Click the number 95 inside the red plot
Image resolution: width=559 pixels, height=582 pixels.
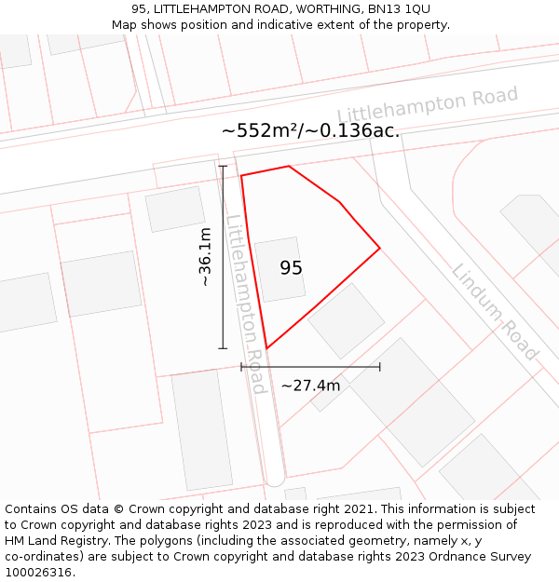(292, 268)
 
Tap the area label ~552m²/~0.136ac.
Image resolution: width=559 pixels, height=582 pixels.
(310, 130)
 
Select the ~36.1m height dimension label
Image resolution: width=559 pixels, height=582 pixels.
(205, 264)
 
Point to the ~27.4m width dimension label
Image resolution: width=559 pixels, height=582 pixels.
(310, 386)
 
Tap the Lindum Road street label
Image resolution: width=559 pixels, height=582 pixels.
(495, 312)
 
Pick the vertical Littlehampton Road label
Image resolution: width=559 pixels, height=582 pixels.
(246, 304)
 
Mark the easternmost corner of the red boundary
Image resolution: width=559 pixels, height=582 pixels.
(380, 248)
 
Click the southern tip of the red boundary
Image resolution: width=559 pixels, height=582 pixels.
(267, 348)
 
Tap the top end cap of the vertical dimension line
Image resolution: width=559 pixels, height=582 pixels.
(223, 167)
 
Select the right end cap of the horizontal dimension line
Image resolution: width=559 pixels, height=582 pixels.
(380, 367)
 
